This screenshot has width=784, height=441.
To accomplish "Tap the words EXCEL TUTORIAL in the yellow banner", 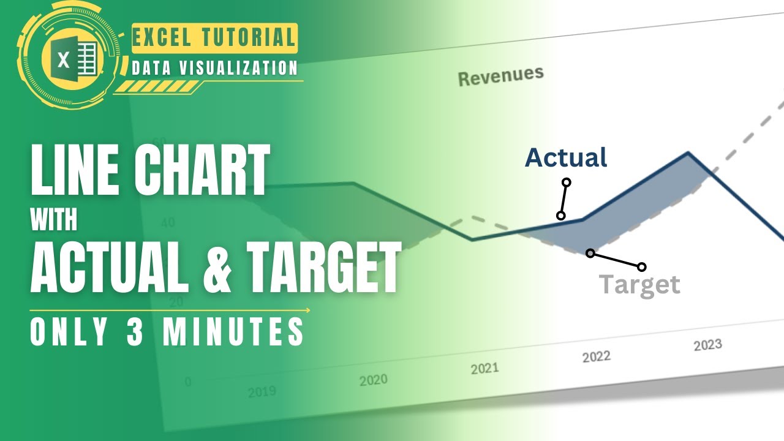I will coord(214,37).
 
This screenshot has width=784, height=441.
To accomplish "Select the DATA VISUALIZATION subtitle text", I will coord(215,67).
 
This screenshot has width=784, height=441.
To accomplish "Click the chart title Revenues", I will coord(500,76).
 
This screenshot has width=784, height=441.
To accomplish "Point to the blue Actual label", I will coord(566,157).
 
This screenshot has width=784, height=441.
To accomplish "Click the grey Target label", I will coord(639,285).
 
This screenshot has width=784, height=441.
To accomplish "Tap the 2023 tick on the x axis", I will coord(707,345).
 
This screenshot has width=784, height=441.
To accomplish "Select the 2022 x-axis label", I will coord(595,357).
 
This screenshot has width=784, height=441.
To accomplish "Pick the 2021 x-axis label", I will coord(484,369).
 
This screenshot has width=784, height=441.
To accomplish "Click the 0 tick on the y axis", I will coord(188,382).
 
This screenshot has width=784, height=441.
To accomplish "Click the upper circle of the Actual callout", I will coord(567,182).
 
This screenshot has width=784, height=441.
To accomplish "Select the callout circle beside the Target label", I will coord(641,266).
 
